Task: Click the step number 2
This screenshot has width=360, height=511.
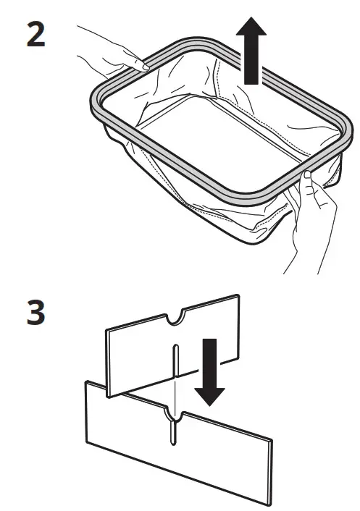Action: pyautogui.click(x=35, y=35)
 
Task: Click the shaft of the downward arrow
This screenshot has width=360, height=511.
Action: pyautogui.click(x=210, y=362)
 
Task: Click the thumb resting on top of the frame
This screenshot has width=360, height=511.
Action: pyautogui.click(x=307, y=177)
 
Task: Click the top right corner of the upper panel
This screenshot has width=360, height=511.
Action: pyautogui.click(x=238, y=295)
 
